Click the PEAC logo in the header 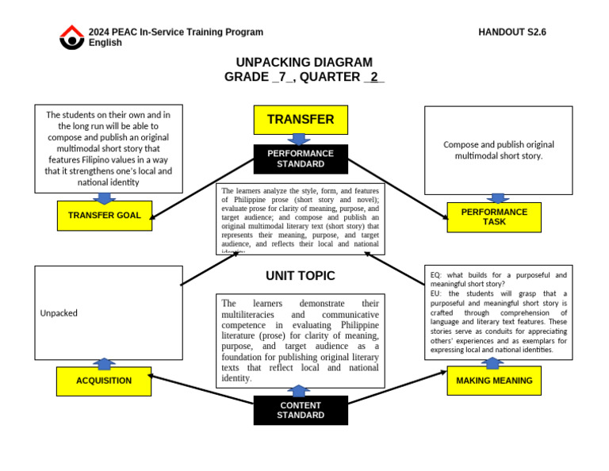point(71,36)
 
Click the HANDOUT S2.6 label point(512,33)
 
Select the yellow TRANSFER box point(301,120)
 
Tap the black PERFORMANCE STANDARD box point(301,159)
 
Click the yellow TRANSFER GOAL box point(105,216)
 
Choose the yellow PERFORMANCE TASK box point(494,217)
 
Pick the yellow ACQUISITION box point(104,381)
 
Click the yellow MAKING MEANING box point(494,381)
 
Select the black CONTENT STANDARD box point(301,410)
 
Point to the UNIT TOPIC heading point(301,276)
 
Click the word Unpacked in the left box point(59,313)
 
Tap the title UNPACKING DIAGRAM point(304,63)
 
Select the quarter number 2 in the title point(373,77)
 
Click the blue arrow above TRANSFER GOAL point(105,197)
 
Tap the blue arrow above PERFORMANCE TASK point(498,198)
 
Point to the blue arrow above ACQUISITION point(104,363)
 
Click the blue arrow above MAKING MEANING point(493,363)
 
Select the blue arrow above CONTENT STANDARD point(299,391)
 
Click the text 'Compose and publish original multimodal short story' point(499,150)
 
